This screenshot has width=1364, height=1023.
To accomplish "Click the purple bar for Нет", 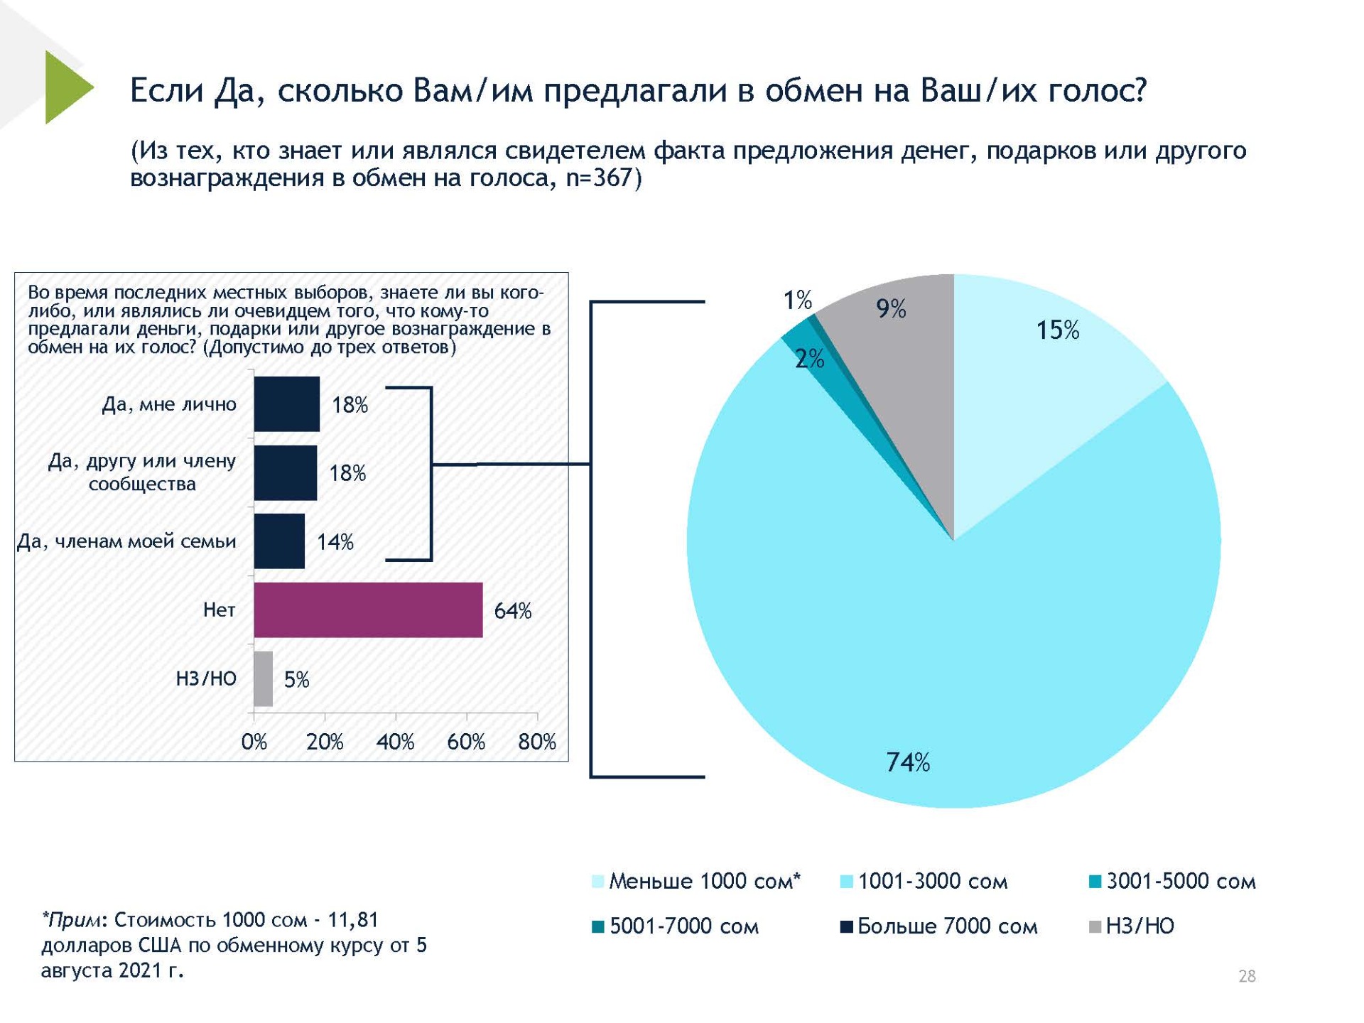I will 368,610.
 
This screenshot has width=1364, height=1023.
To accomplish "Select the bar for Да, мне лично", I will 286,404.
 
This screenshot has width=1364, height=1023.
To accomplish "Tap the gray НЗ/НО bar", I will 263,678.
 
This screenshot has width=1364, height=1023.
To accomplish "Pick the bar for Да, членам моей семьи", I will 279,541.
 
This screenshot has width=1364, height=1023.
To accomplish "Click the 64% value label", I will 512,611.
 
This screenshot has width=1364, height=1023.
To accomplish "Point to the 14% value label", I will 335,542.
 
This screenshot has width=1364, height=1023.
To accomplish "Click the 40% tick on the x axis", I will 395,742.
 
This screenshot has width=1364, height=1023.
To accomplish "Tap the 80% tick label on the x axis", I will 536,742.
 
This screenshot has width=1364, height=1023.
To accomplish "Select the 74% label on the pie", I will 907,762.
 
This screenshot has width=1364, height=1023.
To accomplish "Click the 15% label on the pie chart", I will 1057,330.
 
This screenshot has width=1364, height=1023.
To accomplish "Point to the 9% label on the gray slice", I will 890,308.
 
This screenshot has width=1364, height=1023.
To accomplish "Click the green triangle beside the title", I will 66,87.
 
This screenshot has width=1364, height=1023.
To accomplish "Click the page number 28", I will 1247,976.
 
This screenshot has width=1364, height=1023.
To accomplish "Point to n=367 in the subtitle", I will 598,178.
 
